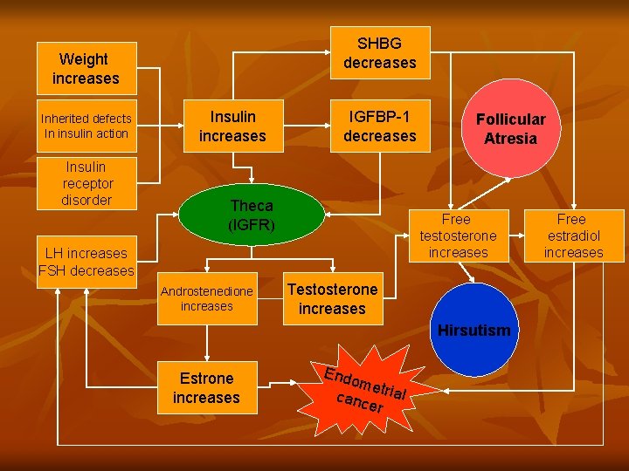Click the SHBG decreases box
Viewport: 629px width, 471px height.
380,52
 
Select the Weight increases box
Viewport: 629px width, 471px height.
86,68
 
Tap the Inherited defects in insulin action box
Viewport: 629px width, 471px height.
86,126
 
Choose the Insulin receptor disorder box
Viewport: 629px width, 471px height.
86,183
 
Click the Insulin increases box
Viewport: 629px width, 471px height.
232,126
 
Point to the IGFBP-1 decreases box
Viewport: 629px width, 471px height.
380,126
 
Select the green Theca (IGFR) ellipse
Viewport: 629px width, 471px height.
252,215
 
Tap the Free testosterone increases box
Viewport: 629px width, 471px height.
457,235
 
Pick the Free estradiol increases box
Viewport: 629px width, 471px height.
573,235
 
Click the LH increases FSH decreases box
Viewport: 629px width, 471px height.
86,262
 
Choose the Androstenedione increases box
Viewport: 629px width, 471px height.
207,298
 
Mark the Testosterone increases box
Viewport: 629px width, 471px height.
332,298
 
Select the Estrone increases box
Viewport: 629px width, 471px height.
207,387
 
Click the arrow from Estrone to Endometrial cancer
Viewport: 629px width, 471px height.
279,382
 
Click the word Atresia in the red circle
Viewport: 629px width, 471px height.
510,139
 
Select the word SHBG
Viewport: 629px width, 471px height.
380,43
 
